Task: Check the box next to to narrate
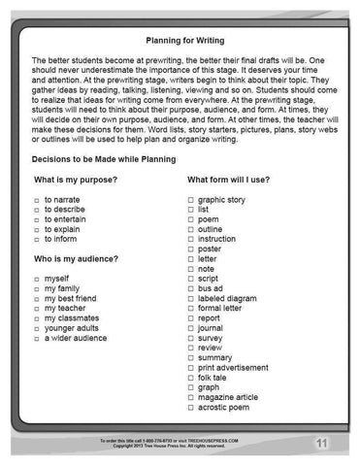[36, 198]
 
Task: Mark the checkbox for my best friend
[36, 299]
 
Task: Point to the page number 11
[319, 444]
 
